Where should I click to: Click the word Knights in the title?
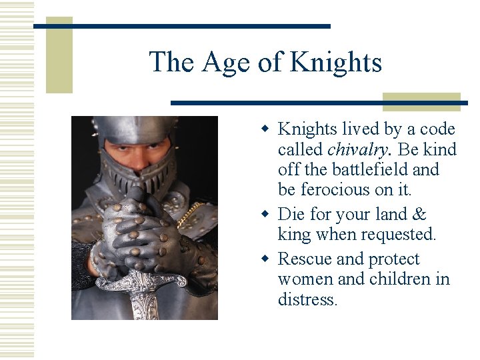pos(336,62)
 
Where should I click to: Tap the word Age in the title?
pos(225,62)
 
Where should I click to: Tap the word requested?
pos(398,235)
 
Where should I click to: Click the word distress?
pos(307,299)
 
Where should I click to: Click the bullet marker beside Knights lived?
pos(266,129)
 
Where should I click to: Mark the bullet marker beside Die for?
pos(266,214)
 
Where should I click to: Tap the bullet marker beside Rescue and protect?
pos(266,259)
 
